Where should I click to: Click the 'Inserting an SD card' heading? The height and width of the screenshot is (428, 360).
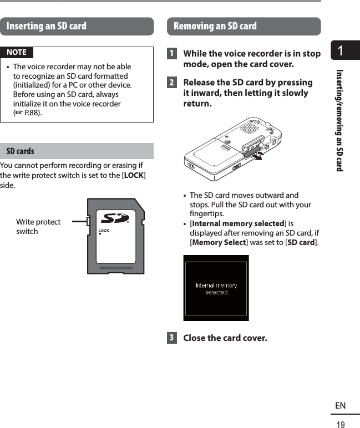(x=47, y=26)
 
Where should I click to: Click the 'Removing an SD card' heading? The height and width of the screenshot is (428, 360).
(x=215, y=26)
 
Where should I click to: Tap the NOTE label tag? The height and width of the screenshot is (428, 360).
(x=17, y=52)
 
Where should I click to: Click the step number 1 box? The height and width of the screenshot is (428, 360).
(x=173, y=54)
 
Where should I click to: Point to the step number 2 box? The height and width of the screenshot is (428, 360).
(x=173, y=83)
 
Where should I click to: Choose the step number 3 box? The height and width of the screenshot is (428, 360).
(x=173, y=338)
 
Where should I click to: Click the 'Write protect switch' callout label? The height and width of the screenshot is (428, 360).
(x=38, y=226)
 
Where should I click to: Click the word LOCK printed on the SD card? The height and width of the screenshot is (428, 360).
(x=104, y=230)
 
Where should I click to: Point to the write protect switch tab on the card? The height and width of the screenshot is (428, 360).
(x=89, y=222)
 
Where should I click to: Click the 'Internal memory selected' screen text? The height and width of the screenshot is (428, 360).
(x=216, y=288)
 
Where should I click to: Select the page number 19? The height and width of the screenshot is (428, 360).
(x=340, y=425)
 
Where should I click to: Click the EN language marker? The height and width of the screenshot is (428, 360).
(x=340, y=406)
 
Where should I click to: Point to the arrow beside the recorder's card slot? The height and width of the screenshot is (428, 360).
(x=256, y=157)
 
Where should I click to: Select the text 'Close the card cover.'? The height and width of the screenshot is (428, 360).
(x=225, y=338)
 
